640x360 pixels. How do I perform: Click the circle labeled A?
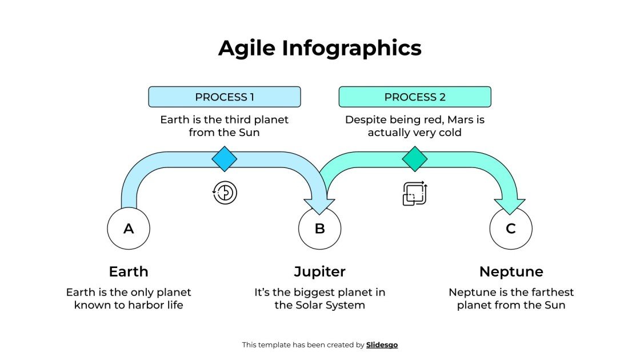[x=129, y=229]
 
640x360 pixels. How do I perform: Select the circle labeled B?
[x=319, y=229]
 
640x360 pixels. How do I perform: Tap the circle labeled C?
[x=511, y=229]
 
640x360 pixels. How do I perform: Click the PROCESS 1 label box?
[x=225, y=97]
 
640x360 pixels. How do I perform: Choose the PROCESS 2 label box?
[x=415, y=97]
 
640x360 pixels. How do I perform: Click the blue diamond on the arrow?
[x=225, y=159]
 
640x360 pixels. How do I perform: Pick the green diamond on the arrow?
[x=415, y=159]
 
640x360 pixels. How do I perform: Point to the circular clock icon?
[x=225, y=193]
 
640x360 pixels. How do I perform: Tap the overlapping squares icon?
[x=415, y=193]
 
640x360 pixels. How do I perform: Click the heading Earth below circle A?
[x=129, y=271]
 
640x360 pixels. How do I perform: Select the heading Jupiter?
[x=319, y=271]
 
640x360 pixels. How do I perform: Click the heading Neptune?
[x=511, y=271]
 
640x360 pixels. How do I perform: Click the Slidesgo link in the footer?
[x=382, y=345]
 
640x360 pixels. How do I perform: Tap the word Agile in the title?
[x=247, y=48]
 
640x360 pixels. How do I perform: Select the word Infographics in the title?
[x=351, y=48]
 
